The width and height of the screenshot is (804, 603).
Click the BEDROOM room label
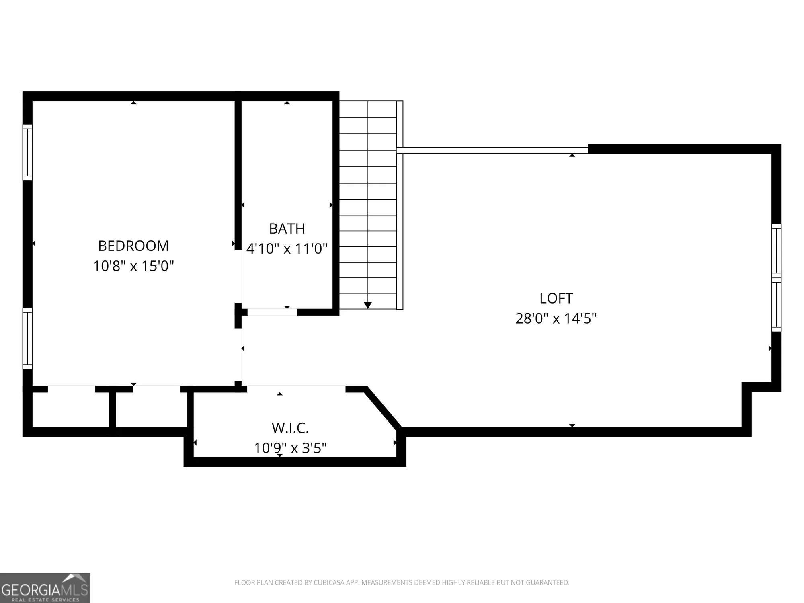tap(133, 246)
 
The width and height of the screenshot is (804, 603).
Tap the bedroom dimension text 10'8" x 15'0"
tap(133, 266)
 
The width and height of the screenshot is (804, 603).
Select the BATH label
tap(287, 229)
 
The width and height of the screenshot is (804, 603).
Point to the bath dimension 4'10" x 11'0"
tap(287, 249)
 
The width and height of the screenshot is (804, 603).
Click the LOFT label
tap(556, 298)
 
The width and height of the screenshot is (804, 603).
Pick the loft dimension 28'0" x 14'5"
tap(556, 318)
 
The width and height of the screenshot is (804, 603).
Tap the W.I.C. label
tap(290, 428)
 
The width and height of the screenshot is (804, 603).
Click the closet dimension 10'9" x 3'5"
tap(290, 448)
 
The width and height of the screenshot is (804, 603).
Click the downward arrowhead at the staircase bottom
tap(368, 306)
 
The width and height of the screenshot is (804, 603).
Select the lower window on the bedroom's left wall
tap(27, 338)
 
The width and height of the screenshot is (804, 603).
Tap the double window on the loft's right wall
tap(776, 278)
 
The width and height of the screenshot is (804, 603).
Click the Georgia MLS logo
tap(45, 588)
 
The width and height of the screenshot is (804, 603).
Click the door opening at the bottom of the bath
tap(272, 312)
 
